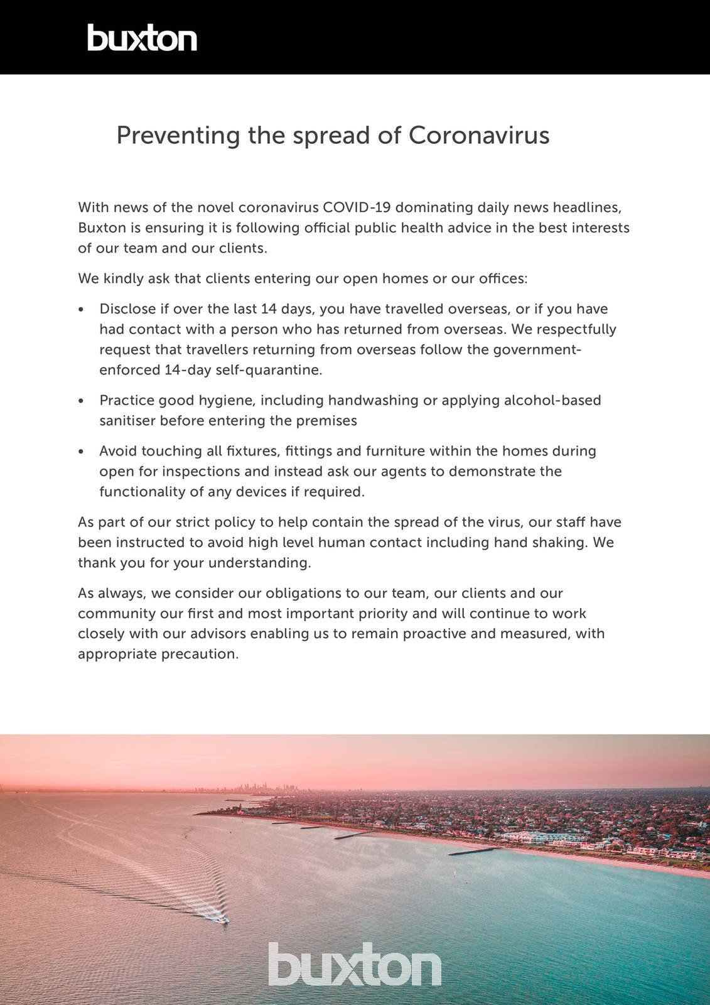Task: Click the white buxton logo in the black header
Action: coord(142,38)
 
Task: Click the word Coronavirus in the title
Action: coord(479,136)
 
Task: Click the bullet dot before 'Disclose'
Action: coord(81,310)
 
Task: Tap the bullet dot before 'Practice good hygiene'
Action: coord(81,401)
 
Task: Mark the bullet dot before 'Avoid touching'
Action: coord(81,452)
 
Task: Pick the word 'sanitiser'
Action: coord(127,421)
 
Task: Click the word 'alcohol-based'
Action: coord(552,400)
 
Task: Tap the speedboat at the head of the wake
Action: coord(221,921)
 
